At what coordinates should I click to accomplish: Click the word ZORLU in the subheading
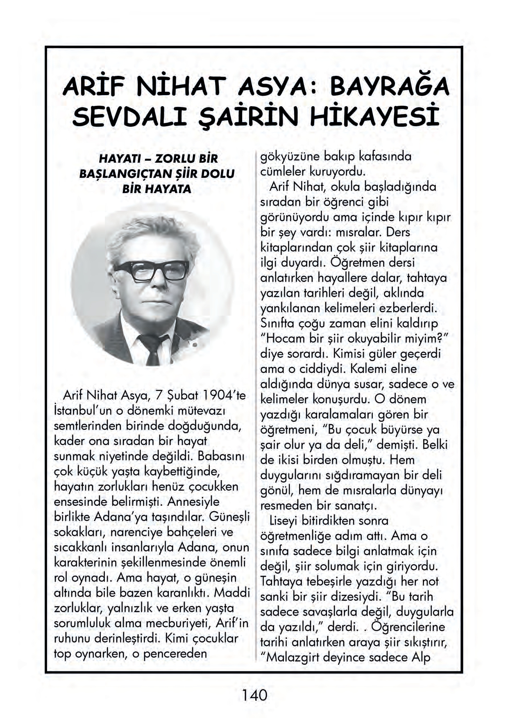pos(174,159)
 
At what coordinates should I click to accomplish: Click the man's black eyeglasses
pos(152,271)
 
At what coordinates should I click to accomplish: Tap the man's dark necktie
pos(152,348)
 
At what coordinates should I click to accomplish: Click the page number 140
pos(254,695)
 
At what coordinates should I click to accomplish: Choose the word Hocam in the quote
pos(286,339)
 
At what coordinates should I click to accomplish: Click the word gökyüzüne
pos(290,157)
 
